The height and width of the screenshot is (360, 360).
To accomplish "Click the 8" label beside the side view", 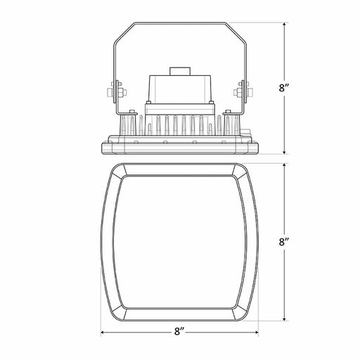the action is pos(285,88).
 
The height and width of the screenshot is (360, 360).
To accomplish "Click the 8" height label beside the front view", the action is pos(285,242).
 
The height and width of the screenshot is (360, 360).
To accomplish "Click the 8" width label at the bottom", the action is pos(180,332).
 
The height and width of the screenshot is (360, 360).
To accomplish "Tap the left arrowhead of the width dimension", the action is pos(103,332).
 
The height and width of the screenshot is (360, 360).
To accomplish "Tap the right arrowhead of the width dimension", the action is pos(257,332).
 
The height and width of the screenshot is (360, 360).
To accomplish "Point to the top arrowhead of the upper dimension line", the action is pos(285,25).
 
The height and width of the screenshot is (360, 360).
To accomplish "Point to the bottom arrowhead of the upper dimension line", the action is pos(285,153).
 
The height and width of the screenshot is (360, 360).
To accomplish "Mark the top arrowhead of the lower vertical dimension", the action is pos(285,165).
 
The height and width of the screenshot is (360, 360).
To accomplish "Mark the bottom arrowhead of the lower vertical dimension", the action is pos(285,319).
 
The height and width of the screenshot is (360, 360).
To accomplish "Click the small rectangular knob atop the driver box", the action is pos(180,71).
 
